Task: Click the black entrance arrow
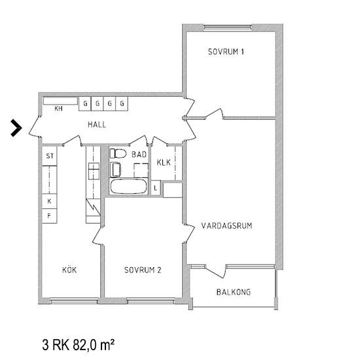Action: tap(16, 128)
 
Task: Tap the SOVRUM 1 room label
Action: tap(226, 52)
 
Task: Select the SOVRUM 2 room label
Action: tap(143, 270)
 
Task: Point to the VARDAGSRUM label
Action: tap(226, 226)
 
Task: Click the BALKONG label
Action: tap(234, 292)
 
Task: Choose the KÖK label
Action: tap(69, 270)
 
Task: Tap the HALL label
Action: tap(97, 124)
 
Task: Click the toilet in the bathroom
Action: tap(118, 153)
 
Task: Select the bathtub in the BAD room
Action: tap(128, 187)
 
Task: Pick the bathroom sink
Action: tap(115, 170)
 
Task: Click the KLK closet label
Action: tap(164, 162)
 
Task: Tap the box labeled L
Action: tap(156, 188)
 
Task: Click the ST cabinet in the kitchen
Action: tap(49, 156)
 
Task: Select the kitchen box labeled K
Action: tap(49, 202)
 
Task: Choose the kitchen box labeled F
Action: tap(49, 216)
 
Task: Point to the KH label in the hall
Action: tap(58, 109)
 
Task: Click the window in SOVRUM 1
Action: tap(227, 27)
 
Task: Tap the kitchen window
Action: tap(74, 301)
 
